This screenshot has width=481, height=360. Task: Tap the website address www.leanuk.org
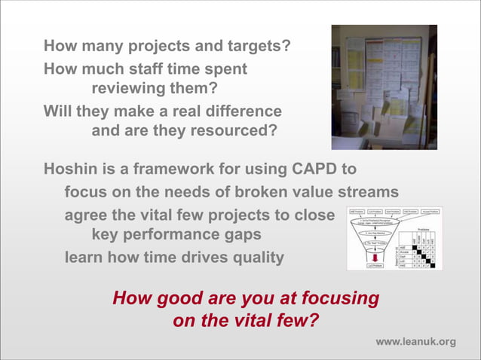415,342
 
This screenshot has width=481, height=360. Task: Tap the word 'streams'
367,191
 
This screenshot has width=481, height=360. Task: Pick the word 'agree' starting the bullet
86,215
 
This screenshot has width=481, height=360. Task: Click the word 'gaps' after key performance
243,234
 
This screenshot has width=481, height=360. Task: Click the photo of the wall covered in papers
384,87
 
